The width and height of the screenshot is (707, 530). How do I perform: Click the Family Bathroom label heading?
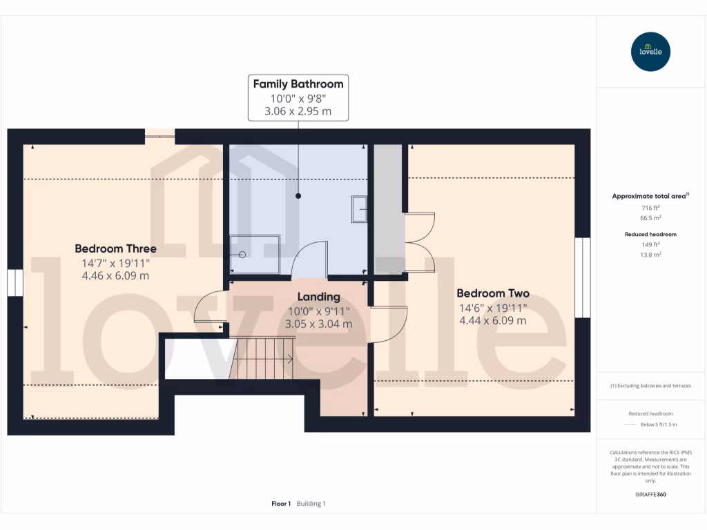(298, 84)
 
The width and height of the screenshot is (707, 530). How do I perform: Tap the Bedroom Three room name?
(115, 248)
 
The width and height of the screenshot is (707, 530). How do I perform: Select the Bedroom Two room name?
(493, 293)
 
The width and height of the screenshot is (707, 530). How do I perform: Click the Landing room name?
(318, 297)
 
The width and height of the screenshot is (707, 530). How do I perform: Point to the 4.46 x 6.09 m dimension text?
(115, 275)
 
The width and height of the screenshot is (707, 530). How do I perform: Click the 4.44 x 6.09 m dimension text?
(493, 320)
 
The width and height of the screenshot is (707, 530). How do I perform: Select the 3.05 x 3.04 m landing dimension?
(318, 324)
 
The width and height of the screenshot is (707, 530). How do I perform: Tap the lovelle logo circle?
(651, 52)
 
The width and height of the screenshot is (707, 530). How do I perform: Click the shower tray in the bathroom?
(255, 254)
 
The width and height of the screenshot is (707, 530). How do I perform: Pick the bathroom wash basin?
(360, 209)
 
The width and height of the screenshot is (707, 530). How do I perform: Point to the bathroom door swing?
(309, 259)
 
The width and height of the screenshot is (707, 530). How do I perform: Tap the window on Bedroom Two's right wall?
(583, 277)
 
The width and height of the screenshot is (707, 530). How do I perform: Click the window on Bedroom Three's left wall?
(15, 283)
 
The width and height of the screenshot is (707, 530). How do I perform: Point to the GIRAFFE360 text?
(650, 494)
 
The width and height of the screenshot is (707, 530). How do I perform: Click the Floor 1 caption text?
(281, 504)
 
